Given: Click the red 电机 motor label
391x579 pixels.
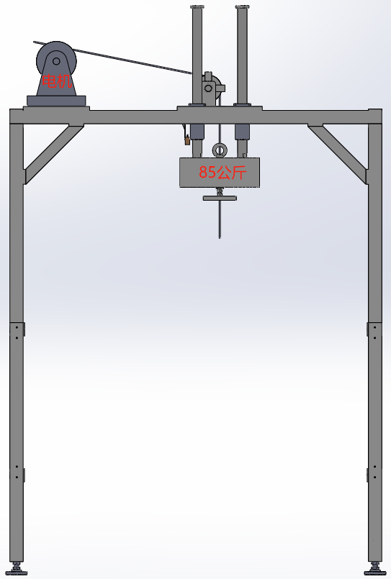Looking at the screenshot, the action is [x=57, y=81].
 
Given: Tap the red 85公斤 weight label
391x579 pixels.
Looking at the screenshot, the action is [x=223, y=173].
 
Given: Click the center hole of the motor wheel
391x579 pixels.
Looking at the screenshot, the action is [x=56, y=61].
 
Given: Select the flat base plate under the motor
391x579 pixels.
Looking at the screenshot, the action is [x=56, y=101].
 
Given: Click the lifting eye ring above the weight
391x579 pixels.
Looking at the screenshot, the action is [x=220, y=150].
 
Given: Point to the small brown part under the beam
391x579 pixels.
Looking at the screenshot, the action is [x=187, y=140].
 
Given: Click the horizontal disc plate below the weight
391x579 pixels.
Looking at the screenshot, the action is [x=220, y=199].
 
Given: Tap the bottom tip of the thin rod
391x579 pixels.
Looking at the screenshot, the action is [x=220, y=238].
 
